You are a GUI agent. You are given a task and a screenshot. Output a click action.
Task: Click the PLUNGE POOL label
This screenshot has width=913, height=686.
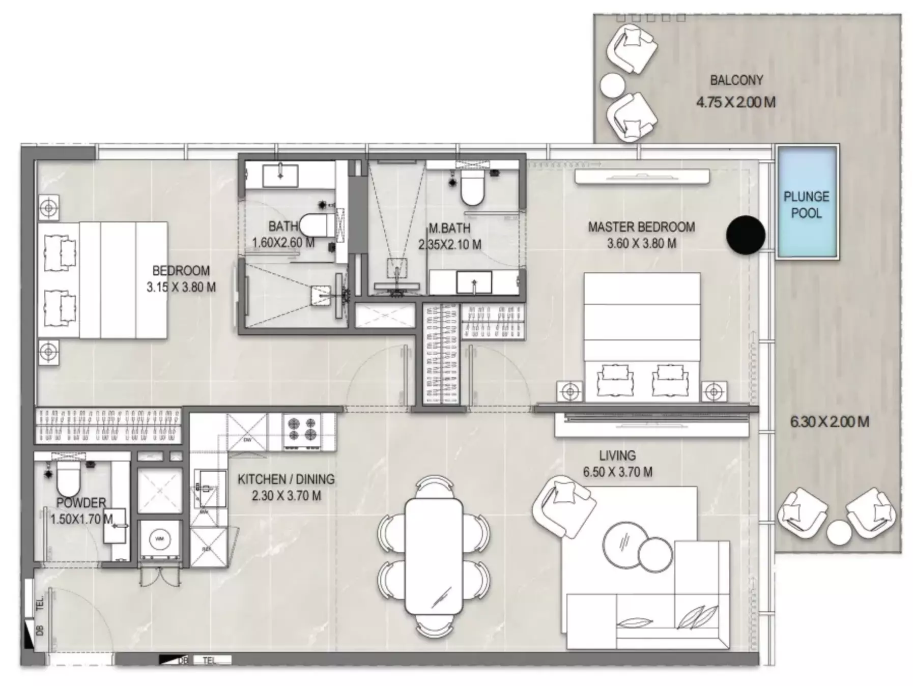[806, 205]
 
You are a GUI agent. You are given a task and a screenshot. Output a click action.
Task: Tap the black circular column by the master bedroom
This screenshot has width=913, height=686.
[745, 235]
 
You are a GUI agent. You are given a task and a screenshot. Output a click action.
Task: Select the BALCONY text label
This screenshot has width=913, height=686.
[736, 80]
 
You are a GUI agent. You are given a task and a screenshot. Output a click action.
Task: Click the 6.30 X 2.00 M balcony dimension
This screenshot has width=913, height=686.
[829, 421]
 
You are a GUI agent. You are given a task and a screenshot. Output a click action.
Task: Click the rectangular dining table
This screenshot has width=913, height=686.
[434, 556]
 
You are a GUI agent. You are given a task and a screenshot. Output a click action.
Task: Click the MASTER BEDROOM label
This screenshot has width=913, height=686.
[641, 227]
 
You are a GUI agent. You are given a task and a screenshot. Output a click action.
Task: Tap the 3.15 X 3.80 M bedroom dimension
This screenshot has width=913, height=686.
[181, 287]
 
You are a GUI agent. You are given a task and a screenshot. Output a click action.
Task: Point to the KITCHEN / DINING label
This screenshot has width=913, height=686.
[286, 479]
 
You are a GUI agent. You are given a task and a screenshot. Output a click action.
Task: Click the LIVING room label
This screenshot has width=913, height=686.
[617, 455]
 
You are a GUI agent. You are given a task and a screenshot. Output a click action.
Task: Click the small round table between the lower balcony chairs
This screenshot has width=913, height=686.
[838, 533]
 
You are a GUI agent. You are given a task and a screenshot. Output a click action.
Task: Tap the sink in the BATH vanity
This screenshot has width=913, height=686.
[280, 175]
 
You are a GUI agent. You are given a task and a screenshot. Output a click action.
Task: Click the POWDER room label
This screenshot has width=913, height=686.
[81, 503]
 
